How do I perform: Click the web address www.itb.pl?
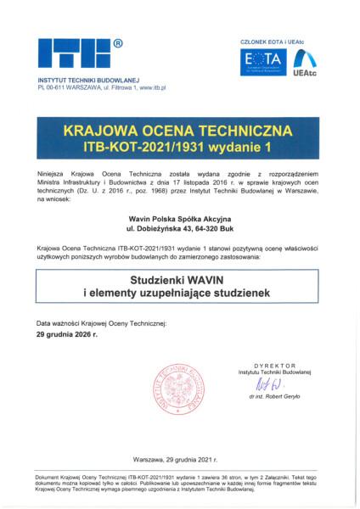[153, 87]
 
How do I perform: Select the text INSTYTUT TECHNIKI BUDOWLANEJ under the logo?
[88, 80]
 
